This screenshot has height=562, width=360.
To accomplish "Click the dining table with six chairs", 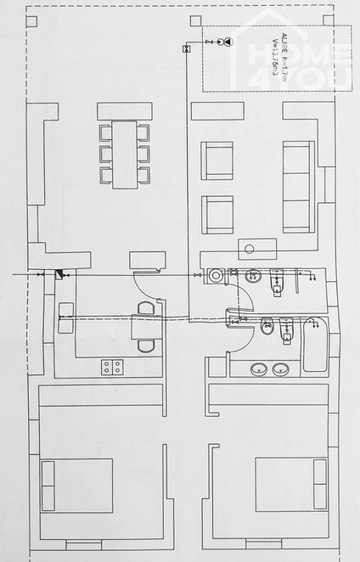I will coord(125,154).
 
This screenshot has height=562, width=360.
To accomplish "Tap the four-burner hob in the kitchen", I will coord(111,367).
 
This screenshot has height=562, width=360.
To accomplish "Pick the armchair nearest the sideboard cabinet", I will coord(216,160).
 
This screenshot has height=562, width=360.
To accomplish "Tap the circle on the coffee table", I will coord(250,249).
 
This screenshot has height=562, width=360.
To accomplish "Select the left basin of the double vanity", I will coord(258,370).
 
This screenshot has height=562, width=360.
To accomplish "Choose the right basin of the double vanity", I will coord(281,370).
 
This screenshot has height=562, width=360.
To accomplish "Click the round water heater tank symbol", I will coord(216,275).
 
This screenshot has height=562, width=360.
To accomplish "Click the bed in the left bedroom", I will coord(77,485).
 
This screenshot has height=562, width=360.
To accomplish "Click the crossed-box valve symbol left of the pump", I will coord(186,49).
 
